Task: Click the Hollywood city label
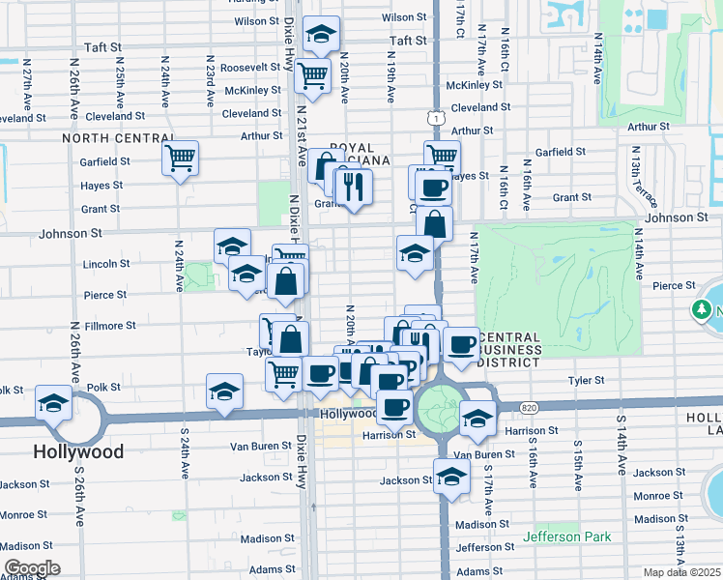(x=78, y=451)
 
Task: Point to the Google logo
(x=32, y=568)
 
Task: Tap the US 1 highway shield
(x=437, y=117)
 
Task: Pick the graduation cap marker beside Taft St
(x=320, y=36)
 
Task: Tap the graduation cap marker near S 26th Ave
(x=52, y=403)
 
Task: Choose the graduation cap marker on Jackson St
(x=451, y=476)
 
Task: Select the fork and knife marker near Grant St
(x=355, y=188)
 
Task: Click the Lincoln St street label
(x=106, y=263)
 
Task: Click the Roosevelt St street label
(x=250, y=68)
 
